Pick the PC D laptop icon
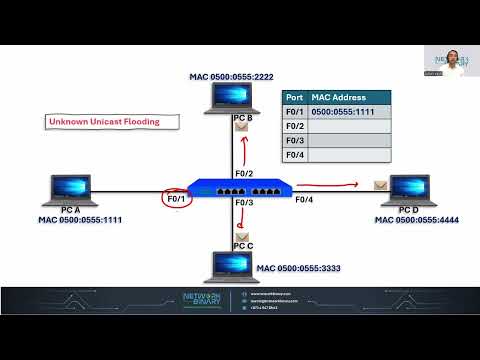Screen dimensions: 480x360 click(409, 189)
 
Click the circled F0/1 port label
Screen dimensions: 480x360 click(177, 199)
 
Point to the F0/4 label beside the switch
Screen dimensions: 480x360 click(303, 200)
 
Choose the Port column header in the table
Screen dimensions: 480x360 click(294, 98)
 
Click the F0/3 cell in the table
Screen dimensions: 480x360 click(294, 140)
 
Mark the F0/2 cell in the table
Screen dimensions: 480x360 click(294, 126)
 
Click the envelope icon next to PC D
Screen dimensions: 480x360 click(380, 185)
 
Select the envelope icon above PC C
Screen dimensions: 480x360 click(242, 236)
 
